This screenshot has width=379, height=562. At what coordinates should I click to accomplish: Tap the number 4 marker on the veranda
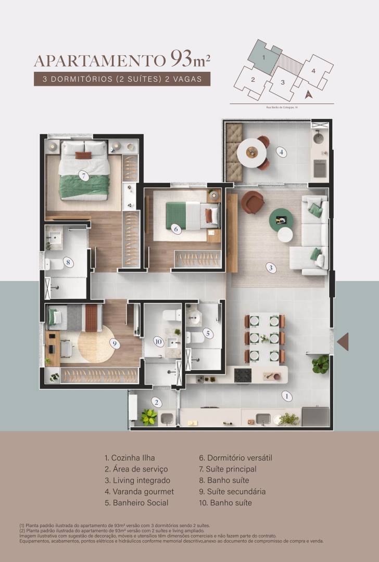click(281, 152)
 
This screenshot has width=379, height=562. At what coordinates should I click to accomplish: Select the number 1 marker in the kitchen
click(286, 395)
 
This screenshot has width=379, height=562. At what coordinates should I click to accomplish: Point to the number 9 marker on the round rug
click(113, 343)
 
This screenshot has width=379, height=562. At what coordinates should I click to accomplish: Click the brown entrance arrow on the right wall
click(343, 341)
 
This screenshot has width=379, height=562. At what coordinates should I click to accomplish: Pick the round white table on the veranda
click(252, 153)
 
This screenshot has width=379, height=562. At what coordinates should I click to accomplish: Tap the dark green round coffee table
click(281, 219)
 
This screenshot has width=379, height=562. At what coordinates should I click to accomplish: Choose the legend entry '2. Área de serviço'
click(136, 469)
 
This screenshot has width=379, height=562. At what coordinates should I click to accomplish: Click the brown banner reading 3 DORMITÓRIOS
click(122, 80)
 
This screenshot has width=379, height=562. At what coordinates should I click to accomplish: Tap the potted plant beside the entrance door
click(321, 364)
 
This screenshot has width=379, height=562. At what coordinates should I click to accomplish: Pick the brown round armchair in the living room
click(254, 201)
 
